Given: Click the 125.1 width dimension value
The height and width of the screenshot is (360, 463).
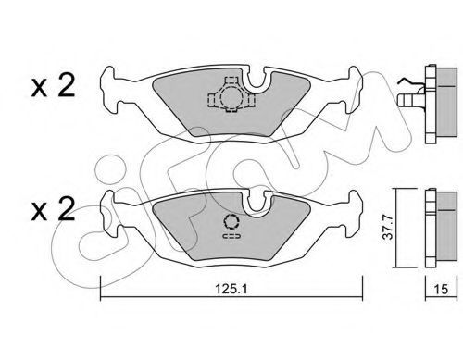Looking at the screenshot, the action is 231,289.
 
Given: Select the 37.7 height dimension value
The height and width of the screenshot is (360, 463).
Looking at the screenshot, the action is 388,228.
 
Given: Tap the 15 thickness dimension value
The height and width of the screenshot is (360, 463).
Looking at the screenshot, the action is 441,289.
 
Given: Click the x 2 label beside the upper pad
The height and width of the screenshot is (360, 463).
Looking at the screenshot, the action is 53,86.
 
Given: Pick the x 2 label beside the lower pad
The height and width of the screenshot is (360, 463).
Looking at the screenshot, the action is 53,209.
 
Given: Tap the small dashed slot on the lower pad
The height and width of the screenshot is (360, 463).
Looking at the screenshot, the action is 231,237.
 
